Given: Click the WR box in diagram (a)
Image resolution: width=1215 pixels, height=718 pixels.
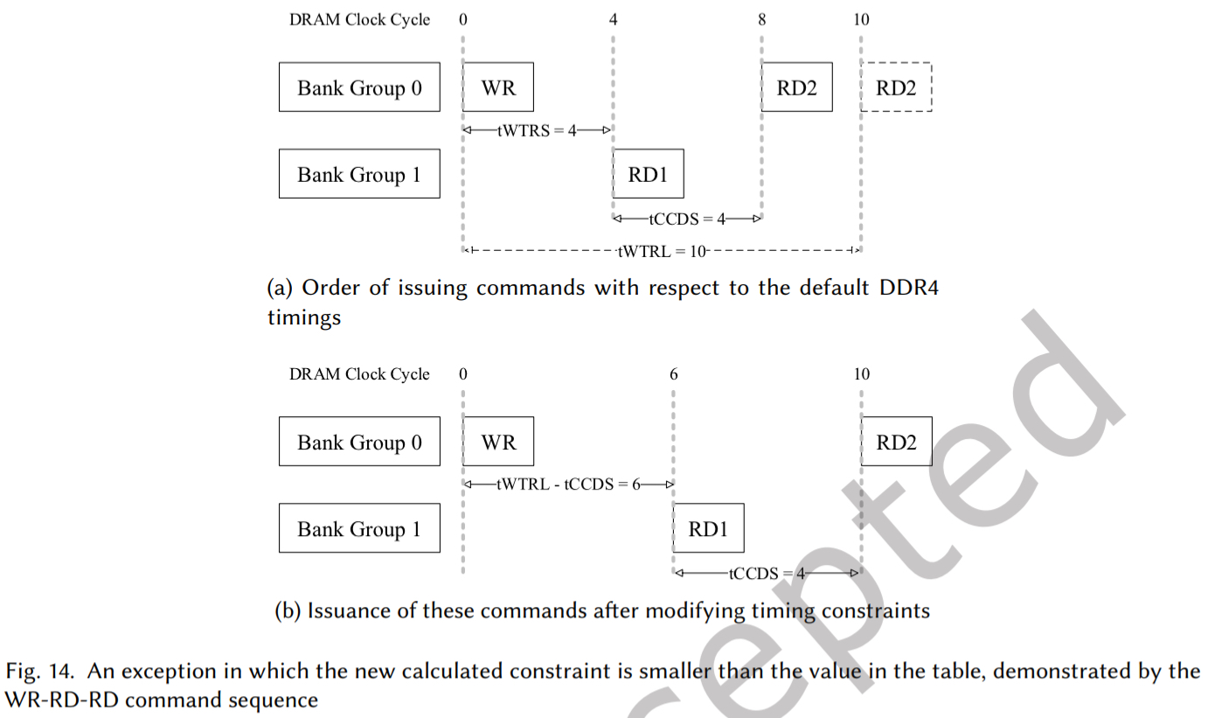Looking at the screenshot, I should [x=498, y=87].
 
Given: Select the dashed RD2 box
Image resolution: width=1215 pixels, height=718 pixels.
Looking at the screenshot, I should [x=897, y=87].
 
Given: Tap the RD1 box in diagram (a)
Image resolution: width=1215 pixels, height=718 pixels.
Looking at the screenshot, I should [x=648, y=174].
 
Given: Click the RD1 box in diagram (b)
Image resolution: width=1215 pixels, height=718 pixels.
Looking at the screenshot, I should [x=708, y=528].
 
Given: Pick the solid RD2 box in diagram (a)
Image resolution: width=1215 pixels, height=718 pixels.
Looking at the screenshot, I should [x=796, y=87].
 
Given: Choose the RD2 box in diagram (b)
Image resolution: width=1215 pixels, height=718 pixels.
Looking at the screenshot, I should [x=897, y=442].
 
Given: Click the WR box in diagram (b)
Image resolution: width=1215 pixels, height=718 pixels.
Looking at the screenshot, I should [x=498, y=442].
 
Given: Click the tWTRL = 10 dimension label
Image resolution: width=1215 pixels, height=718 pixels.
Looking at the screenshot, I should [x=661, y=252].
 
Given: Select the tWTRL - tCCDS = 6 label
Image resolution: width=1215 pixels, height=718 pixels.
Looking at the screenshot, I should [x=568, y=485].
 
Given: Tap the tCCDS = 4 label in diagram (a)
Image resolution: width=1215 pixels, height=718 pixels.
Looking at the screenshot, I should [x=687, y=219].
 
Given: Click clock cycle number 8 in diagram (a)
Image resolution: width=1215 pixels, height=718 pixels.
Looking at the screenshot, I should [x=761, y=20].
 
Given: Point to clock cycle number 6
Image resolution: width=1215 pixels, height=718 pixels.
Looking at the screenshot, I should [x=673, y=374].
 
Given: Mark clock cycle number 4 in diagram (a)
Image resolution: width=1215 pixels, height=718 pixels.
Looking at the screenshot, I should [x=614, y=20].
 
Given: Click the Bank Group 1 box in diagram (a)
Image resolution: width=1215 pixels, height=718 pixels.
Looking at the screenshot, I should [x=359, y=174].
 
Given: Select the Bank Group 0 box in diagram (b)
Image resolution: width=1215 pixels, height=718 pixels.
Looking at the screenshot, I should [x=359, y=442].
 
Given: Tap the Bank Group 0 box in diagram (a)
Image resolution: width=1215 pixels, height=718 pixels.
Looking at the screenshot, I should [x=359, y=87].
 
